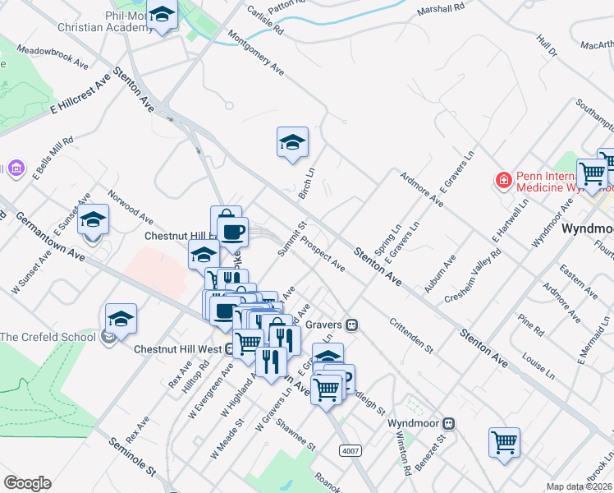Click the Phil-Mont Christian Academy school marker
[x=163, y=16]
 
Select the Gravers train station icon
[x=351, y=325]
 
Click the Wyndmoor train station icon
[x=448, y=423]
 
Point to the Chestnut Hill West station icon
[x=229, y=349]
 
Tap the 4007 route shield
[x=350, y=450]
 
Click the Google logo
[x=27, y=483]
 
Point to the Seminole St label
[x=132, y=457]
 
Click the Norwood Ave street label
[x=130, y=209]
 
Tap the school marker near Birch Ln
[x=292, y=143]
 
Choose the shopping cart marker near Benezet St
[x=504, y=442]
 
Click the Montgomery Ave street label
[x=255, y=53]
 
